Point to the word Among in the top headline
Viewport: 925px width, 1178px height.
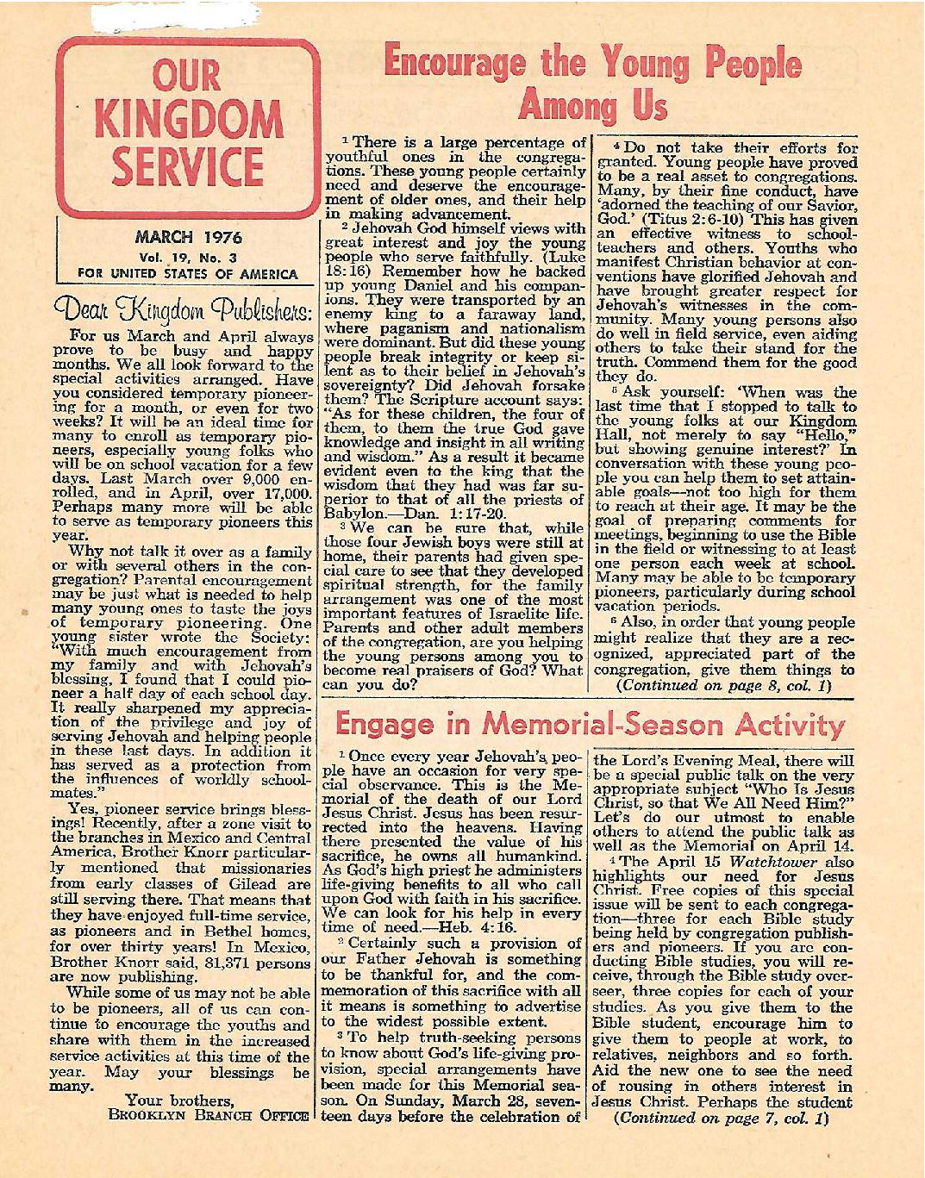click(559, 105)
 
